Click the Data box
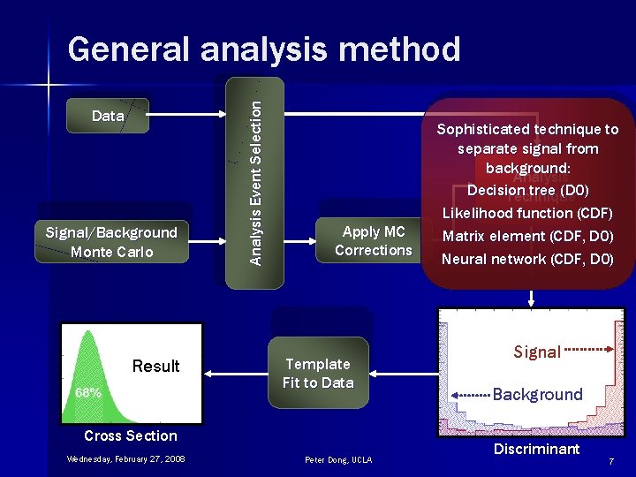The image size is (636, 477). [x=108, y=116]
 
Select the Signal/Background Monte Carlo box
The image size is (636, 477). [x=112, y=242]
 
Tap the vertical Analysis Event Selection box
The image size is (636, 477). [x=255, y=183]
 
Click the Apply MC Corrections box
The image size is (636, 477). [x=373, y=241]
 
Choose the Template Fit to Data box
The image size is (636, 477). [x=318, y=374]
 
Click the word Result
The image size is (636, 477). [x=155, y=366]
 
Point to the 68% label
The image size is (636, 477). [x=87, y=392]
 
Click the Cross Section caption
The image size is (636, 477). [x=131, y=435]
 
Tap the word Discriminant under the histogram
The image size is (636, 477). [x=536, y=449]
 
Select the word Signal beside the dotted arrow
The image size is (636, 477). [x=537, y=352]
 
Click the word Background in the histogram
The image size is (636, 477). [x=537, y=394]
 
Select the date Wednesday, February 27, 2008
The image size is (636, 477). [x=125, y=458]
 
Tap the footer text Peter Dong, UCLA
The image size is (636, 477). [x=338, y=459]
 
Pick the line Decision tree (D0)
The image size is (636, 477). [x=527, y=190]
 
